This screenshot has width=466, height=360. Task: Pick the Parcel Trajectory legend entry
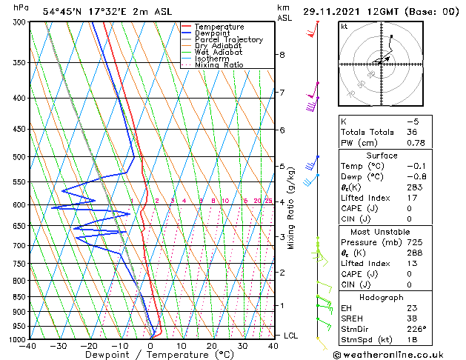click(x=228, y=40)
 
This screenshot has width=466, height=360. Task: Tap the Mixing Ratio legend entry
click(x=219, y=65)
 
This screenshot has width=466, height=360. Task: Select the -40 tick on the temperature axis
click(x=29, y=346)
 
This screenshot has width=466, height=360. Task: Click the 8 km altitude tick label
click(x=282, y=55)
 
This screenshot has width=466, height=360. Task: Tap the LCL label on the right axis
click(x=291, y=336)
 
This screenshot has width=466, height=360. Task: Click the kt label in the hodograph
click(x=344, y=27)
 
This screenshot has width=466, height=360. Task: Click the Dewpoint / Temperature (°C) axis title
click(x=151, y=354)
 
